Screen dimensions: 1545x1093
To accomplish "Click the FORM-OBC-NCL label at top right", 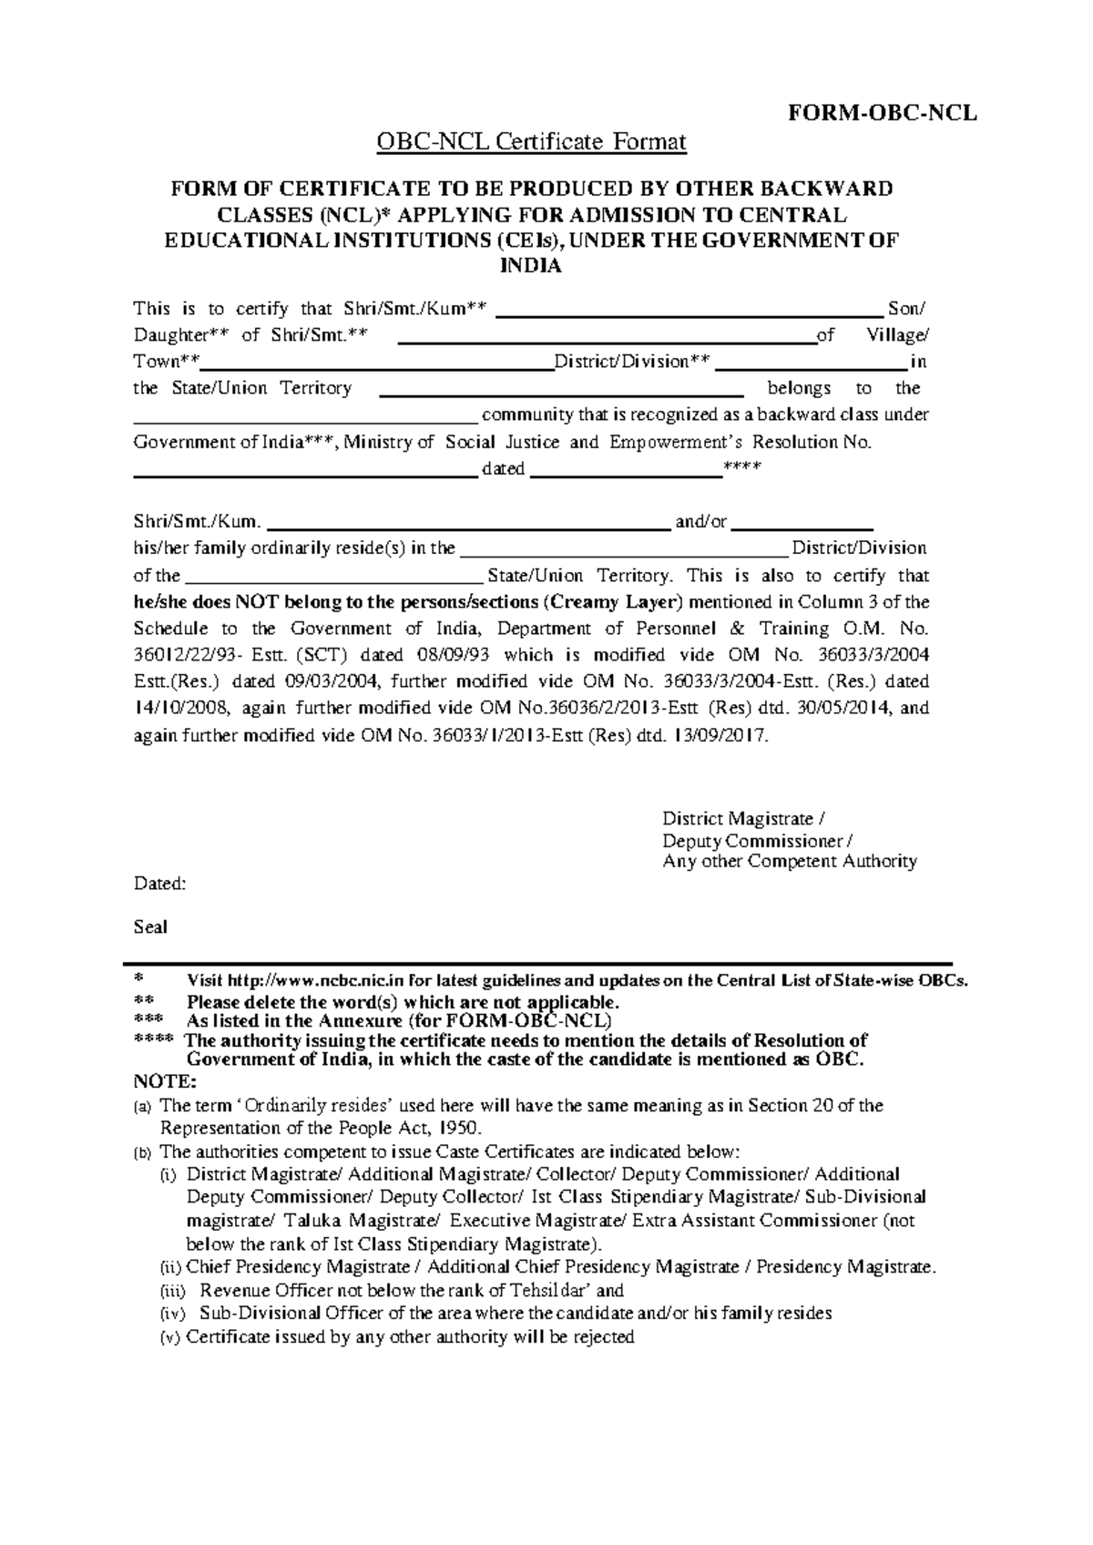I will click(x=882, y=113).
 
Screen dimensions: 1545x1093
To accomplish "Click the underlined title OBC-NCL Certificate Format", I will click(x=531, y=142).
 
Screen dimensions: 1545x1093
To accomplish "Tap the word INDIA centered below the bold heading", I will click(x=531, y=266).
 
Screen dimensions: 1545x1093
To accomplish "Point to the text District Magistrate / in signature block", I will click(x=743, y=819).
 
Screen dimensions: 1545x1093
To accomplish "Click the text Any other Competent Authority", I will click(x=789, y=861).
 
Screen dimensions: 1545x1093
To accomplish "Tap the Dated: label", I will click(x=159, y=883).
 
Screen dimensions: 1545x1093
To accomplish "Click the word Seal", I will click(x=150, y=927).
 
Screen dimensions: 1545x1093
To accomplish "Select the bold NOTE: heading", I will click(x=164, y=1081).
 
